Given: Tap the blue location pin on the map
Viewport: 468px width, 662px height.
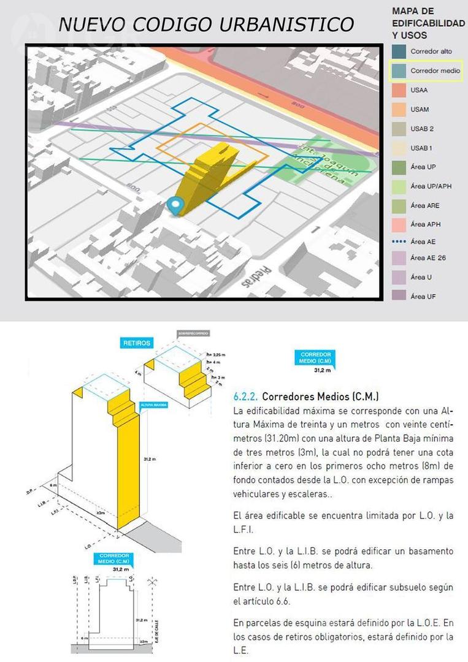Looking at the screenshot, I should tap(176, 206).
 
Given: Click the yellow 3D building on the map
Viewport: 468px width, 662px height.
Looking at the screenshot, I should tap(209, 172).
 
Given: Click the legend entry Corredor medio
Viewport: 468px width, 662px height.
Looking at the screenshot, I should tap(435, 71).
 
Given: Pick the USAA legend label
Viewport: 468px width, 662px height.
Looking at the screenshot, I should tap(420, 90).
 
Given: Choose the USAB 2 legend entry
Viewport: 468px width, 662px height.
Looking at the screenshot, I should tap(422, 129).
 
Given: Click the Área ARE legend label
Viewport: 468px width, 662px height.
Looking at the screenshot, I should tap(425, 205).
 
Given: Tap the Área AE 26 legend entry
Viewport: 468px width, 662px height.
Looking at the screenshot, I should tap(428, 257).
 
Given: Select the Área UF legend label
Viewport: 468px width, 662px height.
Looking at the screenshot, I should tap(421, 296).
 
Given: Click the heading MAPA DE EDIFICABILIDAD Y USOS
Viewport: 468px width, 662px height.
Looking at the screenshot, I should tap(428, 23).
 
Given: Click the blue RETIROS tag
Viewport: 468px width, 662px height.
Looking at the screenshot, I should tap(136, 343).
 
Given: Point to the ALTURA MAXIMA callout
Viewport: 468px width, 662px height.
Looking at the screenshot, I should tap(155, 405).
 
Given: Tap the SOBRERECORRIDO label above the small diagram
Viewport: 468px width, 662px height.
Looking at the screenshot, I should tap(193, 333).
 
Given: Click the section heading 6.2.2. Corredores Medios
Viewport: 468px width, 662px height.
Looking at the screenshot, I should tap(307, 395).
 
